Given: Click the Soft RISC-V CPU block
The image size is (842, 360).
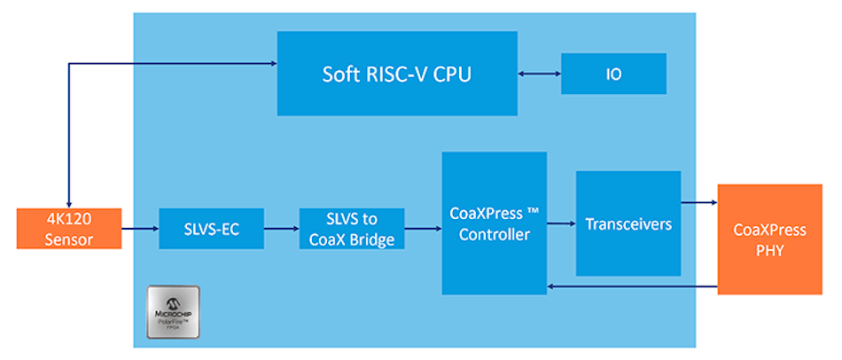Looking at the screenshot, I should pyautogui.click(x=396, y=73).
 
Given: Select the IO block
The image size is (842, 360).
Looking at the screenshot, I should pyautogui.click(x=613, y=74).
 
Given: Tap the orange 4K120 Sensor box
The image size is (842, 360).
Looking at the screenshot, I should pyautogui.click(x=67, y=229).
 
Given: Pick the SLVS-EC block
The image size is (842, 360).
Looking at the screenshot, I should pyautogui.click(x=211, y=229).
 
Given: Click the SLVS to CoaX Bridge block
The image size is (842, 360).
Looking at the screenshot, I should pyautogui.click(x=351, y=229).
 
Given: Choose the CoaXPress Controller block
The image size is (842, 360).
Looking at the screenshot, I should pyautogui.click(x=494, y=223).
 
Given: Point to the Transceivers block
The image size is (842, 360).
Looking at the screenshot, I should pyautogui.click(x=628, y=223).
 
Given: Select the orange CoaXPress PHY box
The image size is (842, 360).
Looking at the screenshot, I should pyautogui.click(x=769, y=239).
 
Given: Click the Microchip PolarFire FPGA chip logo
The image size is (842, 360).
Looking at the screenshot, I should pyautogui.click(x=173, y=312).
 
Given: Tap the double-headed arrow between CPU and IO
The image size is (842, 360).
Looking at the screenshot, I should pyautogui.click(x=539, y=74).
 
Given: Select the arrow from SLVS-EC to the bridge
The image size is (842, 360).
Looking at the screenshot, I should pyautogui.click(x=281, y=229).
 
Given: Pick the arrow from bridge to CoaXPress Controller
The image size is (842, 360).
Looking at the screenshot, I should pyautogui.click(x=423, y=229).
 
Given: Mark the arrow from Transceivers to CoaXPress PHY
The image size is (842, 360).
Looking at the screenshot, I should pyautogui.click(x=699, y=203).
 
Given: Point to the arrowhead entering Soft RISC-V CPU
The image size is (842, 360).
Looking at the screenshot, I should pyautogui.click(x=271, y=63).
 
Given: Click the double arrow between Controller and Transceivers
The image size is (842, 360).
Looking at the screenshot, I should pyautogui.click(x=561, y=223).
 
